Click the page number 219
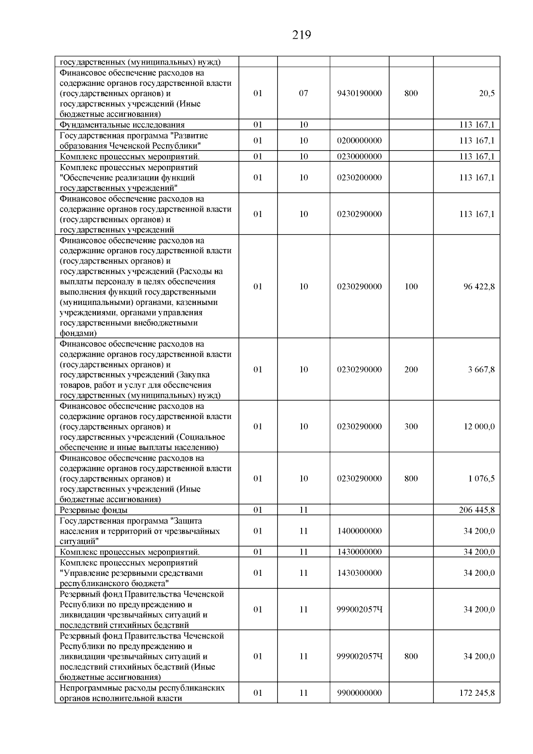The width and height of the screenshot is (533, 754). (302, 35)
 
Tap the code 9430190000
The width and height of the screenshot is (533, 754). (359, 93)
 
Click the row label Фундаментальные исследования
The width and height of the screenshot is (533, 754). (122, 125)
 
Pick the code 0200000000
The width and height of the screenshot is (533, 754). (359, 141)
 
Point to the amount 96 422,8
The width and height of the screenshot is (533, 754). (479, 287)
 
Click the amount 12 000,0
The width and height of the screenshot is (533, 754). (479, 427)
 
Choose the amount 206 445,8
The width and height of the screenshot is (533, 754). (477, 510)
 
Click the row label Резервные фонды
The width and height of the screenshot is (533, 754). (94, 510)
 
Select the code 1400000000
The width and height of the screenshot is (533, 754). (359, 531)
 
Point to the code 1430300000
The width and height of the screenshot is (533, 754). (359, 573)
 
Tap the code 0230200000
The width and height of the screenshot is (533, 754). (359, 177)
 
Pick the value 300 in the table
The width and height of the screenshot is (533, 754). (411, 427)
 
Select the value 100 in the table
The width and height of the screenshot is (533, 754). (411, 287)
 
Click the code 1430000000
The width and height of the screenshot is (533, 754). (359, 552)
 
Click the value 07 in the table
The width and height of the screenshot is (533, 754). (303, 93)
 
